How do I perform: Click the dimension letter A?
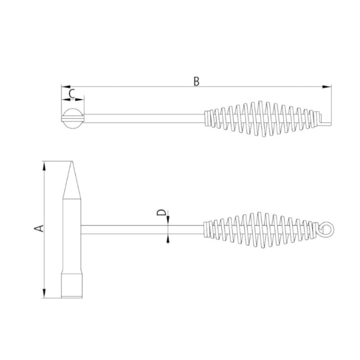click(38, 228)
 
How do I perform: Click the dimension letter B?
click(196, 81)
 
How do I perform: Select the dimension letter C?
click(71, 94)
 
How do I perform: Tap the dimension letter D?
click(161, 213)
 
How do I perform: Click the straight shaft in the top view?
click(144, 117)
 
